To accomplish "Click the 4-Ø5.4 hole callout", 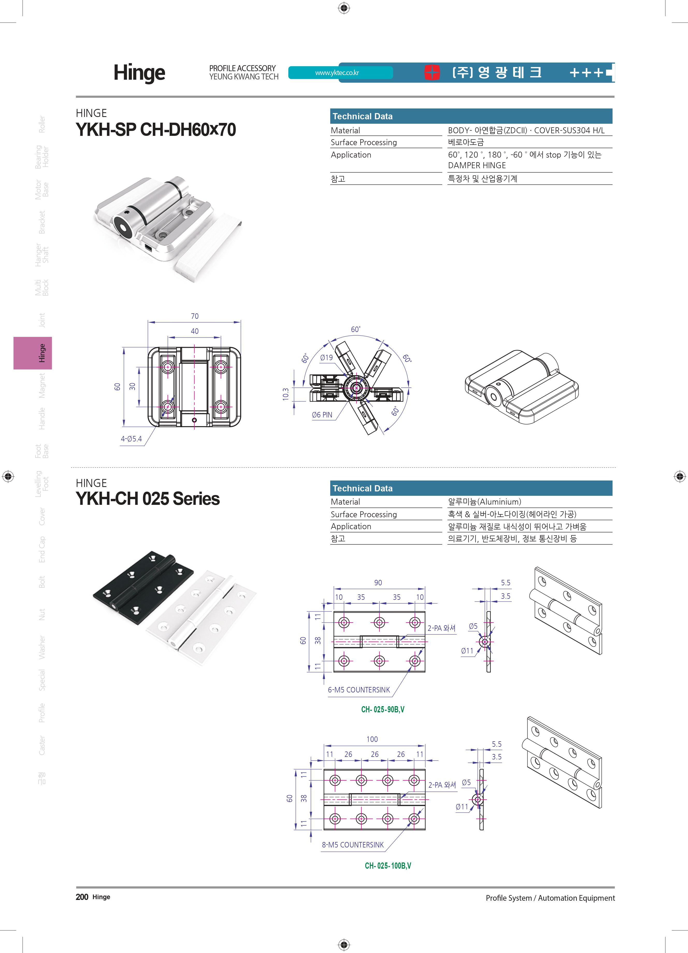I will [131, 439].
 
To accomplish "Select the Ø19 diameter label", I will [326, 358].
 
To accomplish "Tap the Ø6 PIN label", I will [322, 415].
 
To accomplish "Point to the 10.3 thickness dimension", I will [285, 394].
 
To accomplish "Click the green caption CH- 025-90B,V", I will [383, 709].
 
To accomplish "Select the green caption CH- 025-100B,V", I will [388, 866].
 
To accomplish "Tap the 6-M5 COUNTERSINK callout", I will [359, 690].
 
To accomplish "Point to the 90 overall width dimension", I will [378, 583].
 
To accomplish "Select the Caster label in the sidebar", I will [42, 745].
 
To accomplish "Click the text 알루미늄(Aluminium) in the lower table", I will [484, 502].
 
